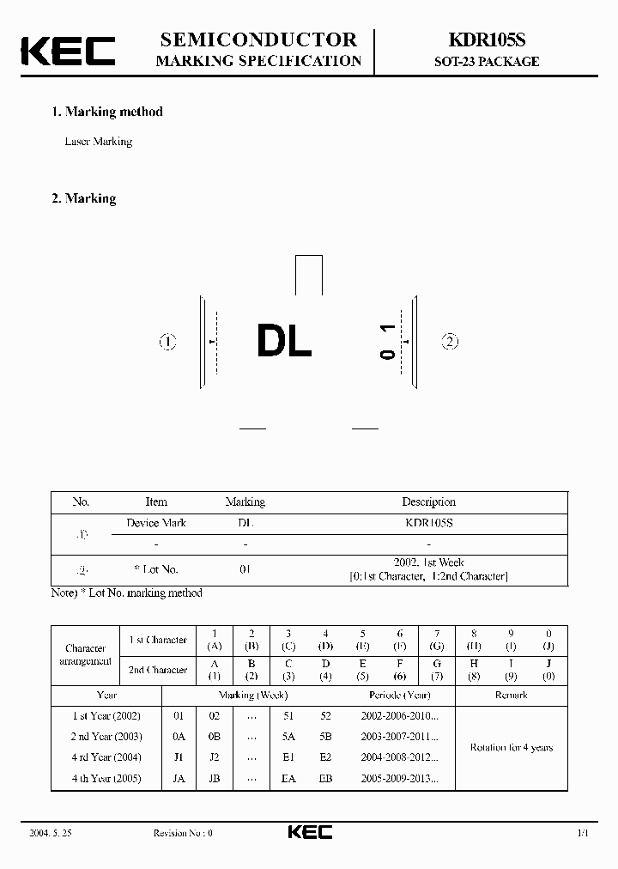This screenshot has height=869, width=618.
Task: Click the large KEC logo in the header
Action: pos(68,51)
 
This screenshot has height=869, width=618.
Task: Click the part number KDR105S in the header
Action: pos(485,40)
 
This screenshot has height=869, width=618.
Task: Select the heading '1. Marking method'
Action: pos(107,112)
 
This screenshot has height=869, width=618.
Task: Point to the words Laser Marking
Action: pos(99,142)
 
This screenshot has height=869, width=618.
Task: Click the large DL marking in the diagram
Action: pos(284,343)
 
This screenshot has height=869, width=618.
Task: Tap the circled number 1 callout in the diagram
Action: pos(167,343)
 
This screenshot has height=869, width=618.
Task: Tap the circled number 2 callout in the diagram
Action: pos(450,342)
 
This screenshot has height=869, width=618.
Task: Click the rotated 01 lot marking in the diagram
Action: pos(388,341)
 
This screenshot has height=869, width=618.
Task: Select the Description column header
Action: pos(428,502)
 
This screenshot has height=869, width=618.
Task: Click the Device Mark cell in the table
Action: pos(156,523)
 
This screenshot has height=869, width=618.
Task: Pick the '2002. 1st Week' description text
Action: pos(428,562)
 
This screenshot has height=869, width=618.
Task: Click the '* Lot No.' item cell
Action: pos(156,569)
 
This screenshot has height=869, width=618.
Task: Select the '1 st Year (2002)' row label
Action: pos(106,715)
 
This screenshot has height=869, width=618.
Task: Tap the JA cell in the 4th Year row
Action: pos(179,779)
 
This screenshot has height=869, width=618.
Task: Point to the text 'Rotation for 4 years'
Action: pos(511,747)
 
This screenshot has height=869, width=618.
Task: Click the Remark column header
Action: pos(511,695)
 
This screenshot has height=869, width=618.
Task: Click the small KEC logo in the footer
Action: pos(309,832)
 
